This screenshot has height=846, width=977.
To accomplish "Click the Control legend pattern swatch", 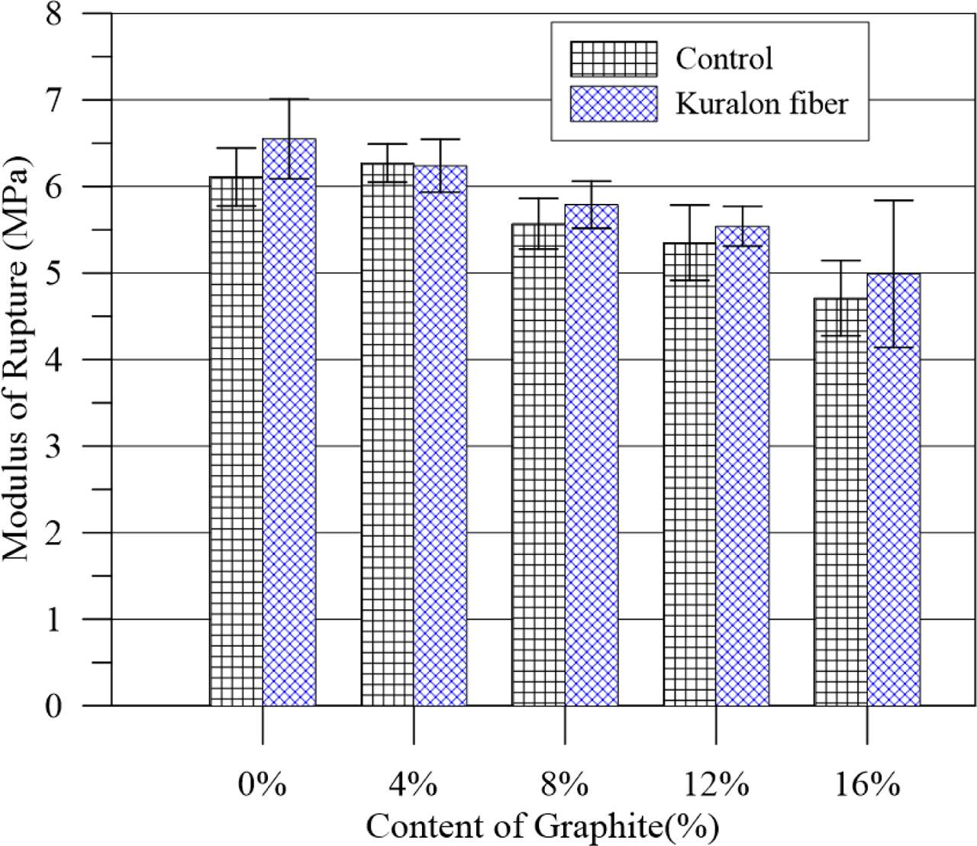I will coord(613,60).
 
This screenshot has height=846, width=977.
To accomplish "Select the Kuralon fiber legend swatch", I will coord(613,104).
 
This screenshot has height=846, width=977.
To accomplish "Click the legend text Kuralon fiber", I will coord(760,104).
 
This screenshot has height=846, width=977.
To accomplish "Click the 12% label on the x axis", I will coord(715,785).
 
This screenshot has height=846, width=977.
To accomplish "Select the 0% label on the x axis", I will coord(262,785).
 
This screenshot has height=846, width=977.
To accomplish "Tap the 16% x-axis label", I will coord(867,785).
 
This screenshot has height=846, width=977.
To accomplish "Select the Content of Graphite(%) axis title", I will coord(542,826).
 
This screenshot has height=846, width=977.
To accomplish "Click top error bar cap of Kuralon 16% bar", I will coord(894,201).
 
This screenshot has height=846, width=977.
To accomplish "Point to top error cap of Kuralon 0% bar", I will coord(289,99).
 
